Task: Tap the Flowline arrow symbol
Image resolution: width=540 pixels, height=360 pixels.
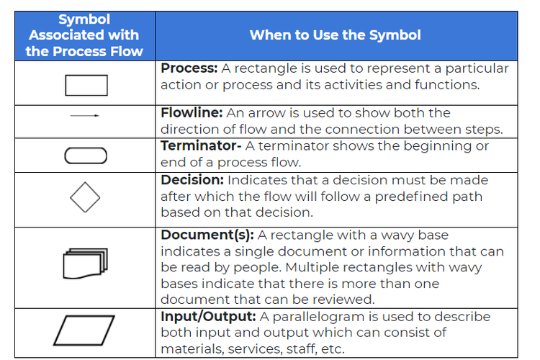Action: click(x=85, y=116)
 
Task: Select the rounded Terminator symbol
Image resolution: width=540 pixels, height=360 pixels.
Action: click(x=86, y=156)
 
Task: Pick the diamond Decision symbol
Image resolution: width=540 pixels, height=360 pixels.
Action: click(x=85, y=197)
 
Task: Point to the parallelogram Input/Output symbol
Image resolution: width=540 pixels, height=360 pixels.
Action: click(x=84, y=331)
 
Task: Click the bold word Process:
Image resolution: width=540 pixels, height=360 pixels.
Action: click(x=189, y=69)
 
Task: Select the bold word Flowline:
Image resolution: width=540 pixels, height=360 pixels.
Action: click(x=191, y=113)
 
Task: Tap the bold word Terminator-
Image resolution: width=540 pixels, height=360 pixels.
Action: click(x=201, y=146)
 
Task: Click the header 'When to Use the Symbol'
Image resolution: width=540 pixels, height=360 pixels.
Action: click(x=335, y=35)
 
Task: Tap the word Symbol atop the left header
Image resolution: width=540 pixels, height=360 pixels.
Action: click(x=84, y=19)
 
